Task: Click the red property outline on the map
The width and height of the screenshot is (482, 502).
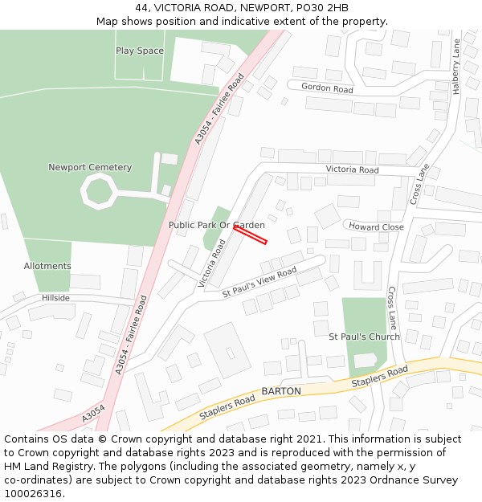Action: coord(250,235)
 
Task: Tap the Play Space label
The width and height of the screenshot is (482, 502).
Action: coord(140,51)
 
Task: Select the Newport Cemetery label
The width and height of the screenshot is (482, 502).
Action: coord(90,167)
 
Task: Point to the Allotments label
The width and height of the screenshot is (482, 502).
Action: coord(47,266)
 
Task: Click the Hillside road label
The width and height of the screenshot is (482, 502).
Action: coord(56,298)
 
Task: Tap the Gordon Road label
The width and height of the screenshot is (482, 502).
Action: coord(327,88)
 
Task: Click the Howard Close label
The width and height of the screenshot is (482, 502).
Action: coord(376,227)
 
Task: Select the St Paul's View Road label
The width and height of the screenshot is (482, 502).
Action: coord(259,284)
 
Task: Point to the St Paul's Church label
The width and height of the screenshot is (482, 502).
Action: coord(364,337)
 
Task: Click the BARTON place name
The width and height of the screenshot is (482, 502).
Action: coord(281,391)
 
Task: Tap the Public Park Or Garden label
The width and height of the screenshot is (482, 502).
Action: coord(216,225)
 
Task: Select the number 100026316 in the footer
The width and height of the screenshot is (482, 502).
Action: coord(33,494)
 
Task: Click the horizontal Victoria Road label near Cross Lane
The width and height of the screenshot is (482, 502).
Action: coord(352,170)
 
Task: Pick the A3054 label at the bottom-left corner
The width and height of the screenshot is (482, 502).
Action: coord(93,414)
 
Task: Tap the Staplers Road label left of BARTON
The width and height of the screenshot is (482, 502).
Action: coord(227,406)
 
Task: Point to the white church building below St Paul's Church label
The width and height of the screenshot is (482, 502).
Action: coord(366,361)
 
